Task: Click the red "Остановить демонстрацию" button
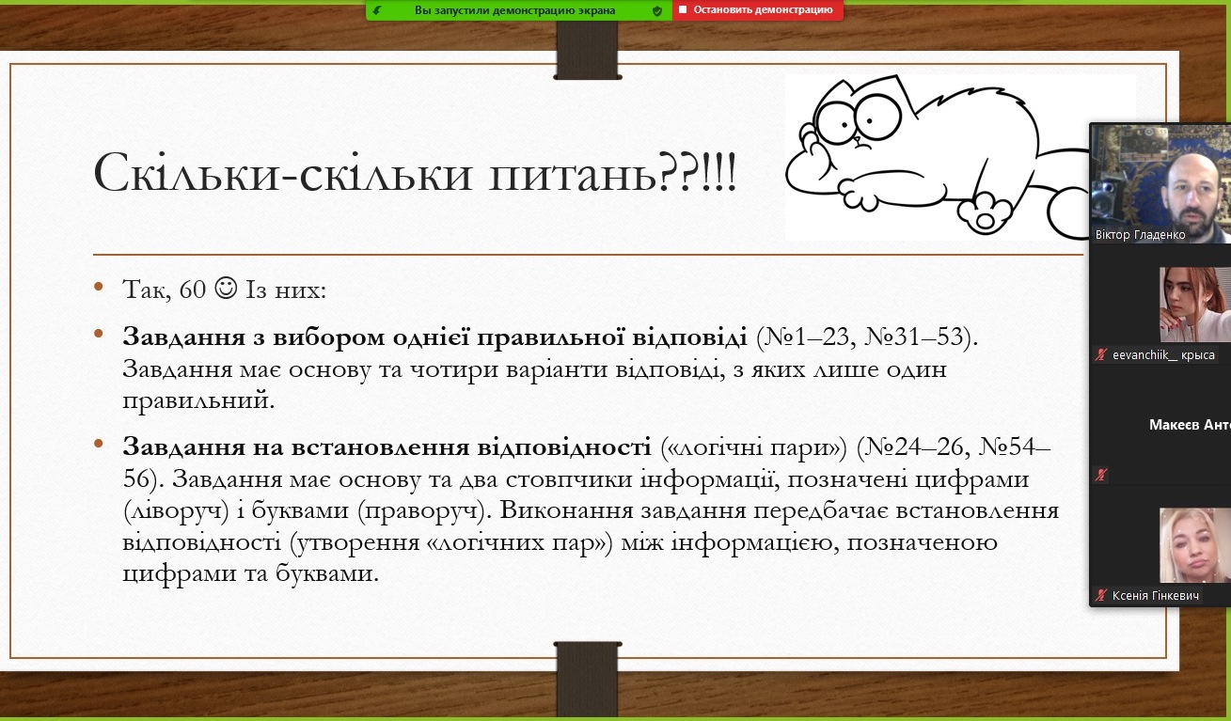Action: [757, 10]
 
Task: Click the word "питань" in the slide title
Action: [573, 173]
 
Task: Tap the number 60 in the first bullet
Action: [193, 290]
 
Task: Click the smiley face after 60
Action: [226, 288]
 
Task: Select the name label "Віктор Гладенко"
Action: [1140, 235]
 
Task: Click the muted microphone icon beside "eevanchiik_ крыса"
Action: [1101, 354]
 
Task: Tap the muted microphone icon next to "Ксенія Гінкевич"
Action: [1101, 595]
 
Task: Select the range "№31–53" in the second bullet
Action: [914, 337]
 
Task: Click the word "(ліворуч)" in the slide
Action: [176, 510]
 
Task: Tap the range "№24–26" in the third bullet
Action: [915, 447]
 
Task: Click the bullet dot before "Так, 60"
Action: [99, 286]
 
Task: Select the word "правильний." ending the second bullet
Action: [198, 400]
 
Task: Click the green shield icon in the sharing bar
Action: [657, 10]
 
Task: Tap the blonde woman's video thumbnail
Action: [1194, 544]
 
